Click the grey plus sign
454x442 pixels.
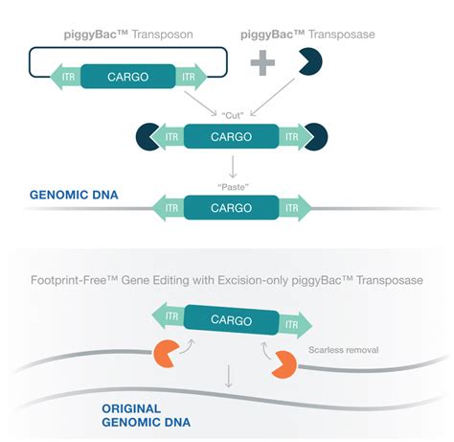[x=262, y=62]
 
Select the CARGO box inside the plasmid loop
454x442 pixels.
[x=127, y=77]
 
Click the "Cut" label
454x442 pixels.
[x=233, y=115]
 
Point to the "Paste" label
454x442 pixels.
[x=233, y=187]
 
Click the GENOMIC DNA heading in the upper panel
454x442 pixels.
[x=74, y=195]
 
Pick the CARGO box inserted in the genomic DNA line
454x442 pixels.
[x=231, y=208]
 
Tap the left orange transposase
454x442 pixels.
[x=165, y=354]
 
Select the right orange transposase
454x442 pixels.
[x=285, y=364]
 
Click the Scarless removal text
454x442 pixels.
[x=343, y=350]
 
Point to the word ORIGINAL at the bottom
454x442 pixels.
[x=131, y=408]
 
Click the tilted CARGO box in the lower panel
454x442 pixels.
[x=231, y=320]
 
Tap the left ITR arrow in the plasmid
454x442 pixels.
[x=65, y=77]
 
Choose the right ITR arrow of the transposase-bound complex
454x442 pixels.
[x=295, y=137]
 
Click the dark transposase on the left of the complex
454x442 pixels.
[x=147, y=137]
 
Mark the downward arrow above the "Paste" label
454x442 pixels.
[x=233, y=167]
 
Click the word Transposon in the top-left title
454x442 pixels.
[x=162, y=35]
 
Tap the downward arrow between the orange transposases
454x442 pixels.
[x=228, y=376]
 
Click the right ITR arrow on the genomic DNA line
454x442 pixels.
[x=295, y=208]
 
